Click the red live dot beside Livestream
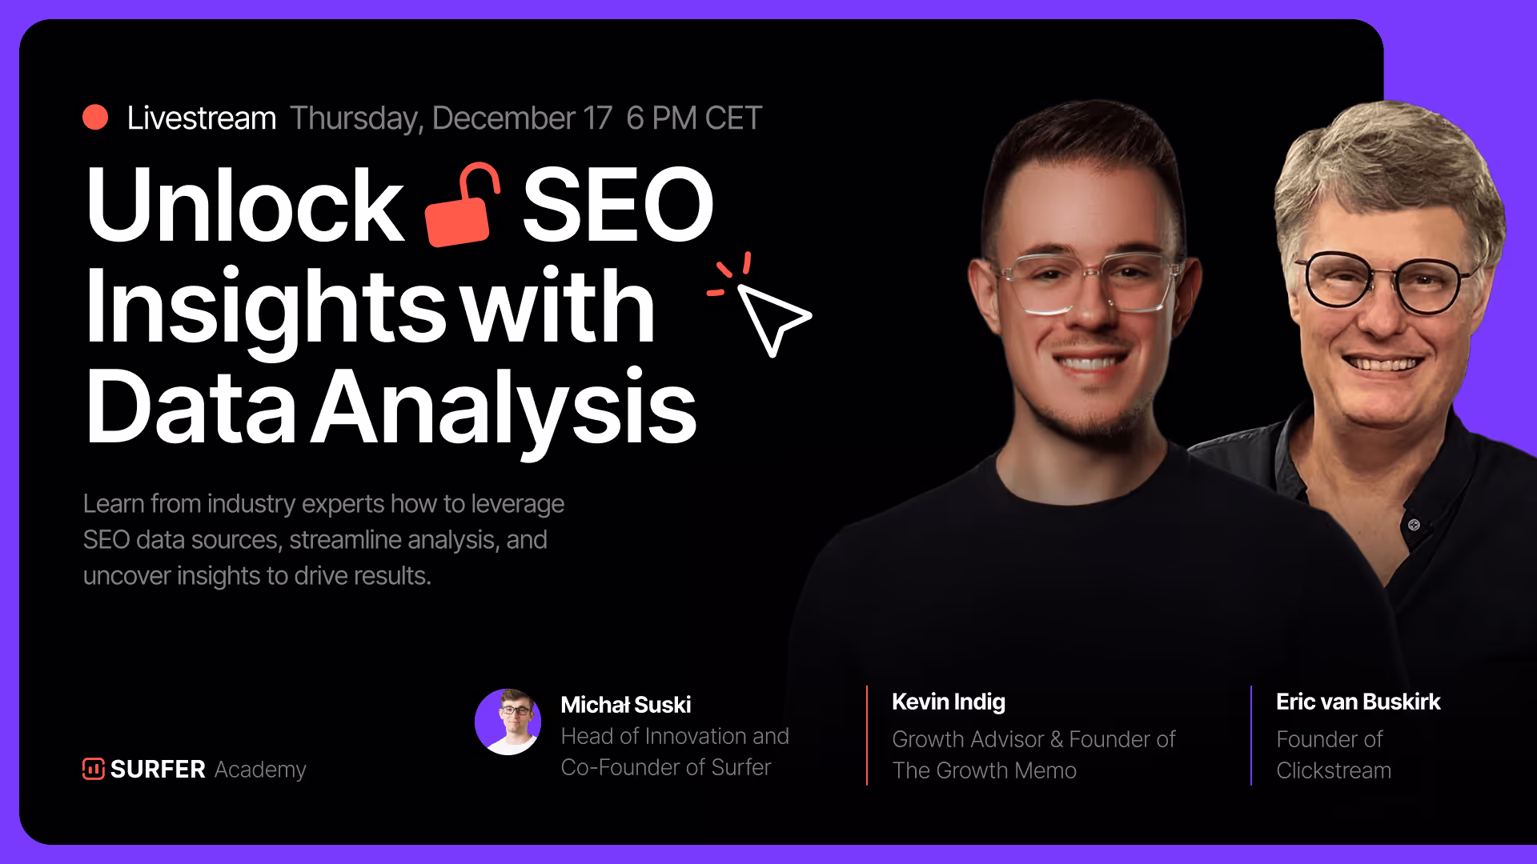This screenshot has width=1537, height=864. tap(95, 118)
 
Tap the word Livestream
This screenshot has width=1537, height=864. tap(202, 118)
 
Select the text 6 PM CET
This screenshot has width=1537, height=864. tap(694, 118)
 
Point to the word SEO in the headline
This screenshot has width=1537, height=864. tap(617, 205)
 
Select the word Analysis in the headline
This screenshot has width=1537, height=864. tap(504, 408)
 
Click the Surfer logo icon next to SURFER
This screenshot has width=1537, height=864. tap(94, 769)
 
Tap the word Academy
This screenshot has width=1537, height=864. tap(260, 770)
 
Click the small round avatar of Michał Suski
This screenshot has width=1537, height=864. tap(508, 722)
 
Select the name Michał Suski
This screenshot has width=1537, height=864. tap(626, 705)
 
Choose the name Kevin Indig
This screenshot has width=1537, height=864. tap(949, 702)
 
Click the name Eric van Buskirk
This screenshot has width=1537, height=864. tap(1358, 702)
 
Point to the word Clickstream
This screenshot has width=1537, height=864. tap(1334, 770)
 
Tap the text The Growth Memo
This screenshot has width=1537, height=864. tap(985, 770)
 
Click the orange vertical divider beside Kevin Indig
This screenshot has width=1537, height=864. tap(867, 735)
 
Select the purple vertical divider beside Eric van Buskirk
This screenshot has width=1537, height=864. tap(1251, 735)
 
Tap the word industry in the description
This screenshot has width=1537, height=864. tap(251, 504)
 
